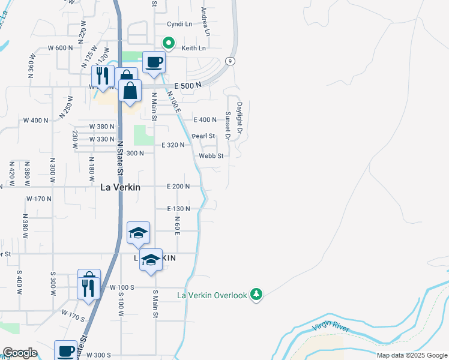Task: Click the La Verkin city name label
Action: pyautogui.click(x=120, y=187)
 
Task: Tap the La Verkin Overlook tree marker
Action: pyautogui.click(x=257, y=295)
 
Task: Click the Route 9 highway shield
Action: pyautogui.click(x=230, y=61)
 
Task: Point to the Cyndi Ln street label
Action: pyautogui.click(x=179, y=25)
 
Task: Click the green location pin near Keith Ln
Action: pyautogui.click(x=169, y=43)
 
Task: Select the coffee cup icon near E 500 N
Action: pyautogui.click(x=154, y=61)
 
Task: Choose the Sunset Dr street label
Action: pyautogui.click(x=228, y=125)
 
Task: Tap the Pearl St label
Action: pyautogui.click(x=203, y=136)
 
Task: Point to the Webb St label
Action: pyautogui.click(x=211, y=156)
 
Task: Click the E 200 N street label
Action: pyautogui.click(x=178, y=187)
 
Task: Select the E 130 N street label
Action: pyautogui.click(x=178, y=209)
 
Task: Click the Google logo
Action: pyautogui.click(x=20, y=353)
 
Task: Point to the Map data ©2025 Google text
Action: pyautogui.click(x=411, y=355)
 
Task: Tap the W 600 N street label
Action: pyautogui.click(x=60, y=48)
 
